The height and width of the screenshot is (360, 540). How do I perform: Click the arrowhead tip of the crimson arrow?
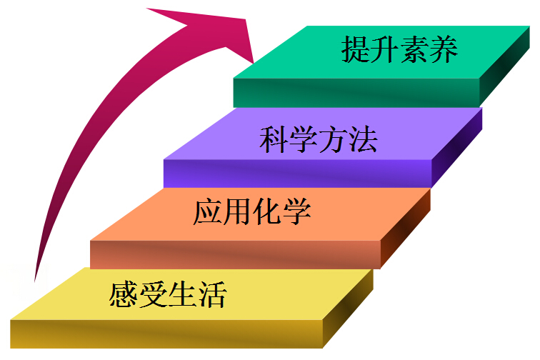coord(254,61)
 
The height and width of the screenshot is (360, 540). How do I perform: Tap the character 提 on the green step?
coord(356,50)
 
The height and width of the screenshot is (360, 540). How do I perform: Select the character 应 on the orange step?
coord(208,212)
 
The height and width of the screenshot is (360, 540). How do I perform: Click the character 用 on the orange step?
coord(237,212)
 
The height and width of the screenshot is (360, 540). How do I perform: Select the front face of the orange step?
coord(236,254)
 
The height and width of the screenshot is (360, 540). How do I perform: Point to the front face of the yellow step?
coord(171,334)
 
